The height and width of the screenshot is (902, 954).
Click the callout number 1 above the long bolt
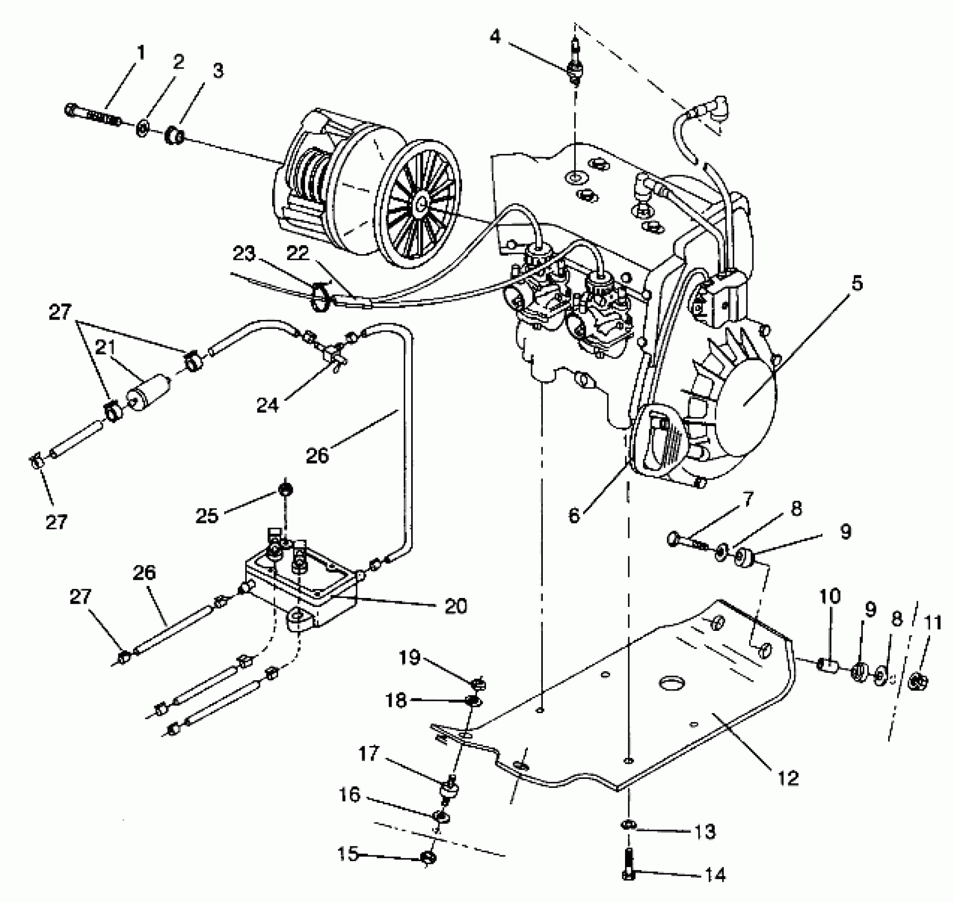coord(141,53)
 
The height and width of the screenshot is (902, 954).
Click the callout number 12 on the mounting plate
coord(788,778)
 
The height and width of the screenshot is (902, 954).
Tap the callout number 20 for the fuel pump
coord(455,606)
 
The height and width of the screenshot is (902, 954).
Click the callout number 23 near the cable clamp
coord(245,254)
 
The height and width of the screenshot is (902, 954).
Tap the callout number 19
coord(409,658)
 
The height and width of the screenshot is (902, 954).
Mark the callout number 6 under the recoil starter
coord(575,514)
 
